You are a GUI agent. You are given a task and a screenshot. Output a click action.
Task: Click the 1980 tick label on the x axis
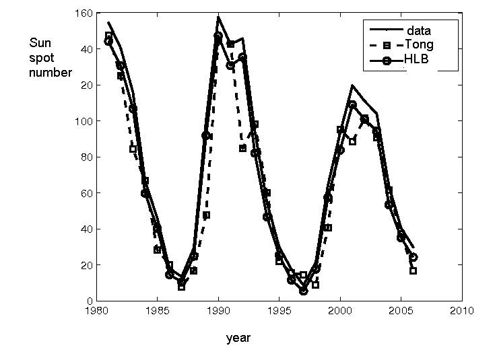[96, 311]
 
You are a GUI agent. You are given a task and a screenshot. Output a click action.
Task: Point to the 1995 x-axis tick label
[279, 311]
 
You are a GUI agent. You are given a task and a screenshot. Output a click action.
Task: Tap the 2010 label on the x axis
[462, 311]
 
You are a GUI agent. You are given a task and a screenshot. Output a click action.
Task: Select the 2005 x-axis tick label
[401, 311]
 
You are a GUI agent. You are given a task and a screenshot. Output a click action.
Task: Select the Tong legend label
[420, 44]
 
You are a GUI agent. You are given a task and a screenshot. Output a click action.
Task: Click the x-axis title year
[238, 338]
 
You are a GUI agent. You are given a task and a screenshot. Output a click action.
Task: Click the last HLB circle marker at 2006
[413, 257]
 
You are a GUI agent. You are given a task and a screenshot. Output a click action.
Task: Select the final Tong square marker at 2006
[413, 271]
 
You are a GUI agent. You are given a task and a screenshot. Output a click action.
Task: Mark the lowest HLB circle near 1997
[304, 291]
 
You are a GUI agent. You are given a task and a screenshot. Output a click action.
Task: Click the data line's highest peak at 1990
[218, 16]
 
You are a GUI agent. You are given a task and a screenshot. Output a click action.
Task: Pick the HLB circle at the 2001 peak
[352, 104]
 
